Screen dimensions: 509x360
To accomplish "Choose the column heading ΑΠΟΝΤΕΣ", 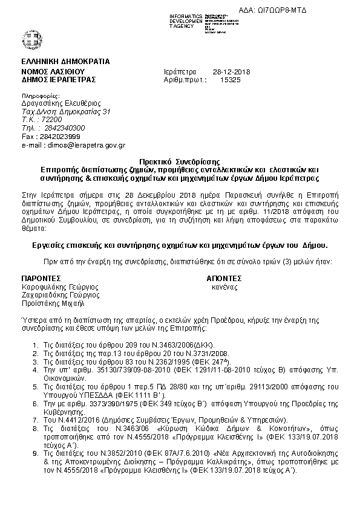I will coord(224,279).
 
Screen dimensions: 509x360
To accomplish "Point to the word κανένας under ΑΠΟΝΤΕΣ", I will coord(224,287).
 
